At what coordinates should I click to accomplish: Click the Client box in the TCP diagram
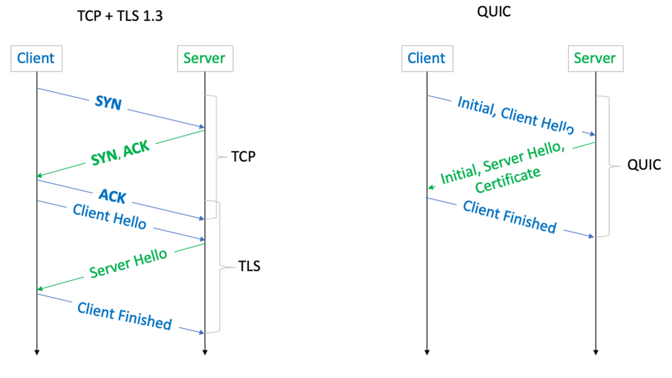[x=36, y=58]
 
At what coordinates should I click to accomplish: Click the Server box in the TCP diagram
[x=204, y=58]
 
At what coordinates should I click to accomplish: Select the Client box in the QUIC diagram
[x=426, y=58]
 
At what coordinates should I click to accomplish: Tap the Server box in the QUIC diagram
[x=594, y=58]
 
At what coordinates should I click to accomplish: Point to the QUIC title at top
[x=494, y=11]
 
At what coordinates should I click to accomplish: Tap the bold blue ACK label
[x=113, y=195]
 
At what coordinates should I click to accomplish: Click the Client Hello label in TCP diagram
[x=109, y=216]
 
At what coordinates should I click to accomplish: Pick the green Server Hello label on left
[x=128, y=263]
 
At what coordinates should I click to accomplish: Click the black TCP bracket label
[x=243, y=156]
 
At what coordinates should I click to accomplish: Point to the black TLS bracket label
[x=249, y=266]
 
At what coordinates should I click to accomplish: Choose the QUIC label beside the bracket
[x=644, y=165]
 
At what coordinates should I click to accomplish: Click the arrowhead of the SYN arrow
[x=201, y=126]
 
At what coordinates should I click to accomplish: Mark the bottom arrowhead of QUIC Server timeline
[x=595, y=352]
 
